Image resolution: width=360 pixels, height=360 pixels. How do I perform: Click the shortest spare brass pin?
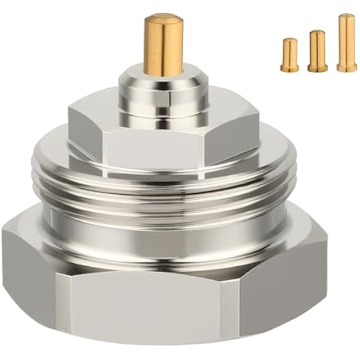coord(290,55)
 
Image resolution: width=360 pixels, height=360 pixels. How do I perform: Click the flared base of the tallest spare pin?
coord(347,68)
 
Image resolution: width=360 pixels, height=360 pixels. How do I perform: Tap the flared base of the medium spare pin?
coord(317,68)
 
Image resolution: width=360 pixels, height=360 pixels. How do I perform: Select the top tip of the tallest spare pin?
coord(347,17)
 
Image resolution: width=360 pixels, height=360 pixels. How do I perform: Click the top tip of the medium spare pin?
coord(317,33)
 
